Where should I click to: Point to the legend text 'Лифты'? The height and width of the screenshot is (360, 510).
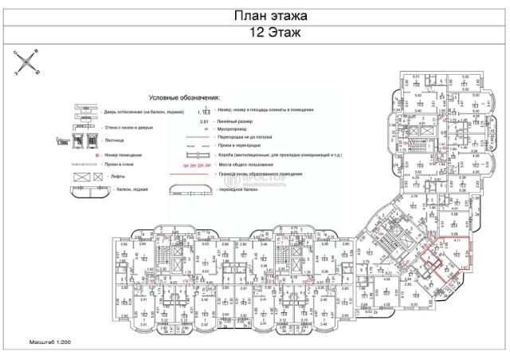coord(113,178)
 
